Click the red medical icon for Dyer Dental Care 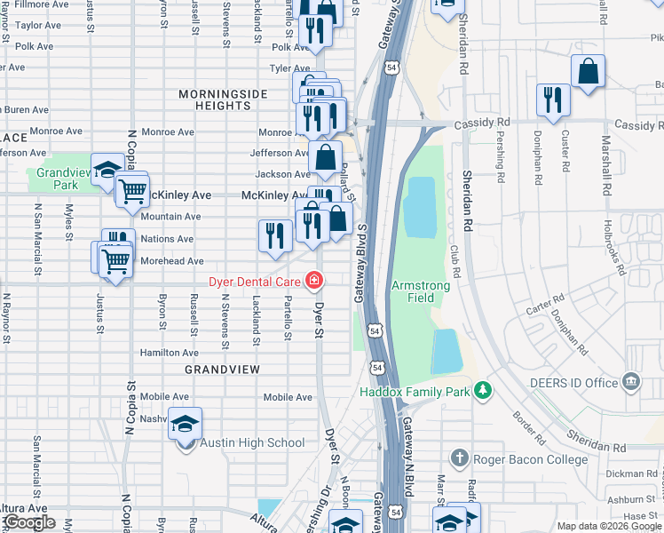click(313, 282)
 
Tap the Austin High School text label click(252, 443)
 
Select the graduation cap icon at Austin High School click(186, 423)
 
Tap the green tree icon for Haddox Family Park click(483, 391)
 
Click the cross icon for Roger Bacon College click(459, 457)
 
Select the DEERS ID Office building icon click(631, 382)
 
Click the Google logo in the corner click(29, 522)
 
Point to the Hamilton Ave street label click(170, 353)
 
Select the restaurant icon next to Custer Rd click(554, 99)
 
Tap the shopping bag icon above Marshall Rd click(588, 71)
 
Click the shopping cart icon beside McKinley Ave click(131, 188)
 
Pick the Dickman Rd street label click(636, 473)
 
